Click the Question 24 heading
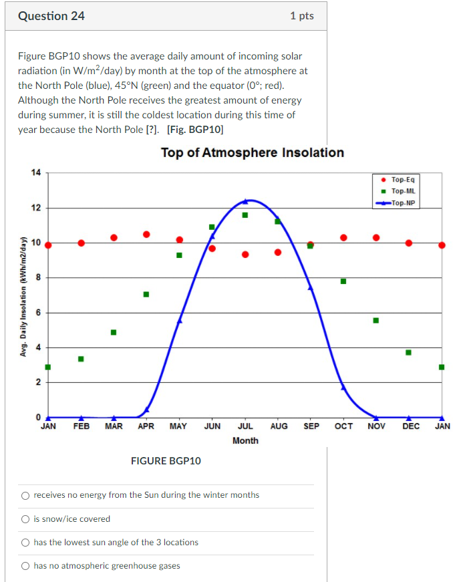(x=51, y=16)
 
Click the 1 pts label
(x=302, y=16)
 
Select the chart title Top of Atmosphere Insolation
(x=252, y=152)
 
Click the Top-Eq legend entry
(x=402, y=180)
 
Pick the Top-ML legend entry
(x=402, y=191)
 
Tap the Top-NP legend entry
(x=402, y=202)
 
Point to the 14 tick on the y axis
(x=36, y=172)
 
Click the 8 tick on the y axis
(x=38, y=277)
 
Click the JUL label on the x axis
(x=245, y=426)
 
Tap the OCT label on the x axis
(x=343, y=426)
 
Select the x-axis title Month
(x=245, y=440)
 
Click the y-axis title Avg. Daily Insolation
(x=23, y=295)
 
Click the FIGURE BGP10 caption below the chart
(x=166, y=460)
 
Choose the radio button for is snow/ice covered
(x=25, y=519)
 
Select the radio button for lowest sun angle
(x=25, y=543)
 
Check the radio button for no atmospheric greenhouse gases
(x=25, y=566)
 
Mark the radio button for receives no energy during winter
(x=25, y=495)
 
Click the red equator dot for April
(x=146, y=234)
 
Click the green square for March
(x=114, y=332)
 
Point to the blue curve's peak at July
(x=245, y=200)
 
